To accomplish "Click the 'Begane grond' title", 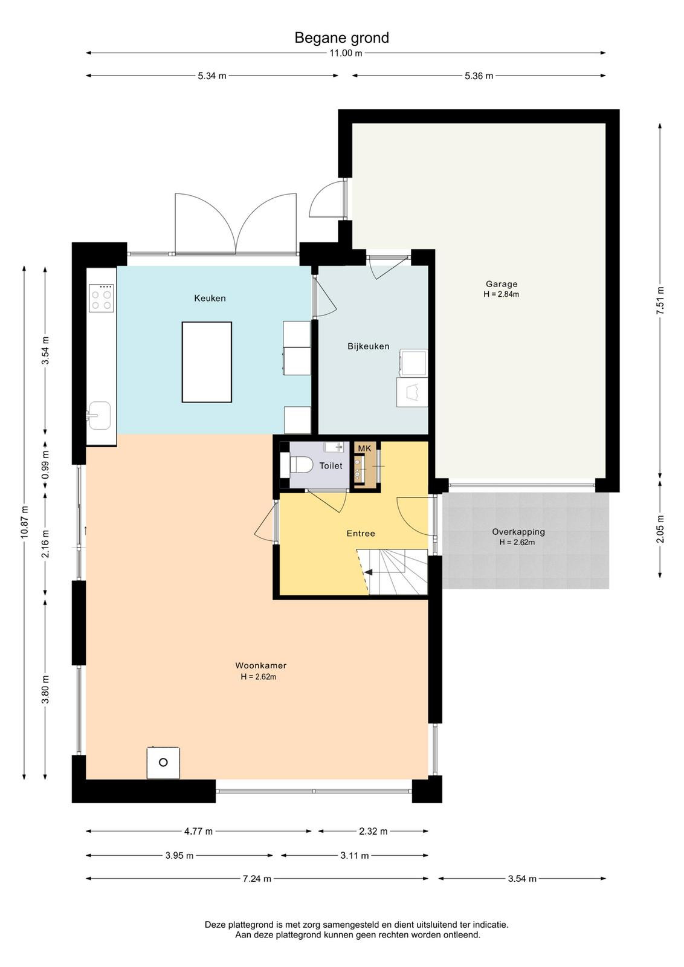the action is tap(341, 38).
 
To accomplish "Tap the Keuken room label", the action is tap(210, 299).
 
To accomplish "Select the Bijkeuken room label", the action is tap(368, 346).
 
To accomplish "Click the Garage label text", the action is tap(502, 284).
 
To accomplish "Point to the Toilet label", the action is tap(331, 466).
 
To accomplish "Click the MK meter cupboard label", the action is tap(364, 448).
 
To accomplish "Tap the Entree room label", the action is tap(361, 534).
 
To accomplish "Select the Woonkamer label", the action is tap(260, 665).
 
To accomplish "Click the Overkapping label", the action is tap(518, 532).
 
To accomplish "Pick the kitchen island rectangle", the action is tap(207, 362).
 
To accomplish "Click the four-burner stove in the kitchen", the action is tap(102, 298).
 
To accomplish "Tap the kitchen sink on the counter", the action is tap(99, 416).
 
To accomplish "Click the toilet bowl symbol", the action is tap(301, 465).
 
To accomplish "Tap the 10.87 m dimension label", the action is tap(24, 522).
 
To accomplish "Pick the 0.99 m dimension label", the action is tap(45, 465).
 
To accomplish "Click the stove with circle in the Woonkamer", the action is tap(163, 763).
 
